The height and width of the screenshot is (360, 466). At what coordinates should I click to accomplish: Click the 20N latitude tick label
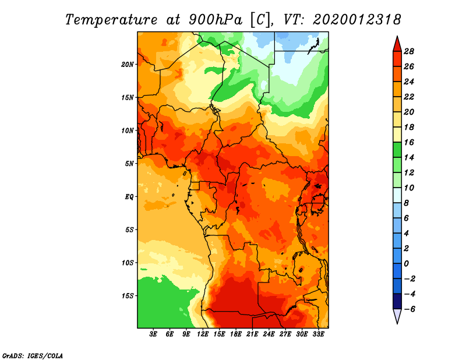128,65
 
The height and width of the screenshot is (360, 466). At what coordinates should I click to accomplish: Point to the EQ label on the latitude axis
129,197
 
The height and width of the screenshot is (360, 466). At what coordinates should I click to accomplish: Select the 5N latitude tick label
129,164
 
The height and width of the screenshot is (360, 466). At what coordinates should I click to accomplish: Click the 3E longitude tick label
153,334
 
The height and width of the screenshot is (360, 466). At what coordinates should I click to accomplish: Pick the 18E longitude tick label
236,334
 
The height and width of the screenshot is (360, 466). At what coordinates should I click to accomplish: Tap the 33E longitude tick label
318,334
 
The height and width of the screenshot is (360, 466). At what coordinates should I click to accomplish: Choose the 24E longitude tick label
269,334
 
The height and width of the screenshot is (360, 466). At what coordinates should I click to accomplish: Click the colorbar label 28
409,51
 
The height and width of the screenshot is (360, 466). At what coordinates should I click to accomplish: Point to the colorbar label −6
409,309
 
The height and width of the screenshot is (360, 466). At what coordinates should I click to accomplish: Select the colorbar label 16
409,142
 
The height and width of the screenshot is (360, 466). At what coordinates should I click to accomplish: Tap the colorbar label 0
406,264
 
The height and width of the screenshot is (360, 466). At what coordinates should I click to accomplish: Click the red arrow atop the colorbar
397,45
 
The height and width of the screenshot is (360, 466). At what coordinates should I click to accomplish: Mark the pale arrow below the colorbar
397,315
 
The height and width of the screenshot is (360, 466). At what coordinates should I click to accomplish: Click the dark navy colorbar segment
397,301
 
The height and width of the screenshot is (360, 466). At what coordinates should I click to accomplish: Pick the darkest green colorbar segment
397,150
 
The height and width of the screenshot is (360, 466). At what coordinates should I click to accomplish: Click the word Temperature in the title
111,20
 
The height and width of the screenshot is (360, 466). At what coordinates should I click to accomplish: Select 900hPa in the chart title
215,20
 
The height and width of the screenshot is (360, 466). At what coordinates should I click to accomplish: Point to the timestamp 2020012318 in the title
357,20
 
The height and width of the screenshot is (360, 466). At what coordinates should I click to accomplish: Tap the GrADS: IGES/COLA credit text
33,355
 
